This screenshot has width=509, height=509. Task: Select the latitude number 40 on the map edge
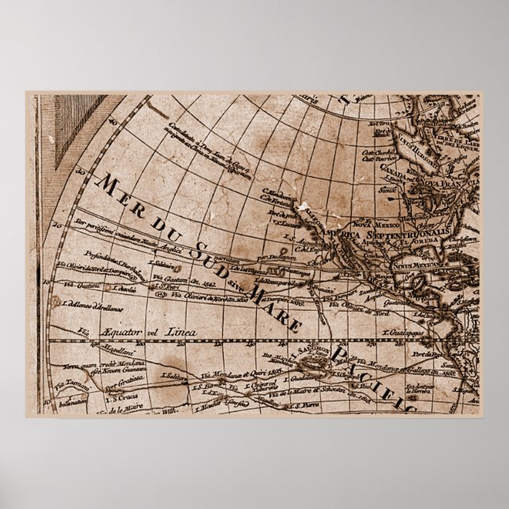tap(113, 124)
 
